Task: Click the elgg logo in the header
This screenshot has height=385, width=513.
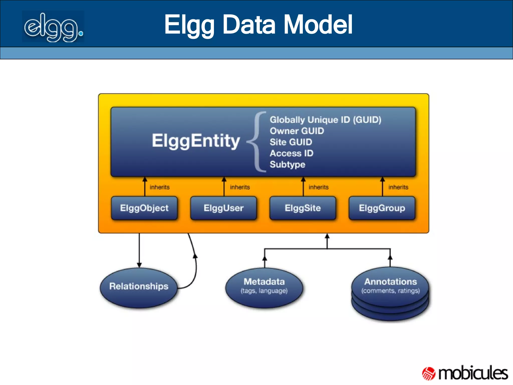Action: coord(53,27)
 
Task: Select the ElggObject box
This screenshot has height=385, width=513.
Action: coord(144,208)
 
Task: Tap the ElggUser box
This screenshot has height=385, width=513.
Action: coord(223,208)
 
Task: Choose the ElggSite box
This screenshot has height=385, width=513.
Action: coord(303,208)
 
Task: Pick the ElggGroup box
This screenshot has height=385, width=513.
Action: coord(382,208)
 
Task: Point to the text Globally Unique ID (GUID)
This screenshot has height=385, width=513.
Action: coord(325,120)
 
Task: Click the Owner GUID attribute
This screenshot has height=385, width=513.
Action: coord(297,131)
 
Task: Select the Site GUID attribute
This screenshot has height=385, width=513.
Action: coord(291,142)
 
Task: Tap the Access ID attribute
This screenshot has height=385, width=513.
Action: coord(292,153)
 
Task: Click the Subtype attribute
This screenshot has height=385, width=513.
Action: coord(288,164)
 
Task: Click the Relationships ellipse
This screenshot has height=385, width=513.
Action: coord(139,287)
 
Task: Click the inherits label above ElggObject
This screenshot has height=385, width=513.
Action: coord(160,187)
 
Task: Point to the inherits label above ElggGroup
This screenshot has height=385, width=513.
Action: coord(398,187)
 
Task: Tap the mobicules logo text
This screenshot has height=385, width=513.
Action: coord(473,373)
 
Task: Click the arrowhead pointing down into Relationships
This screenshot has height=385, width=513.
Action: coord(139,265)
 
